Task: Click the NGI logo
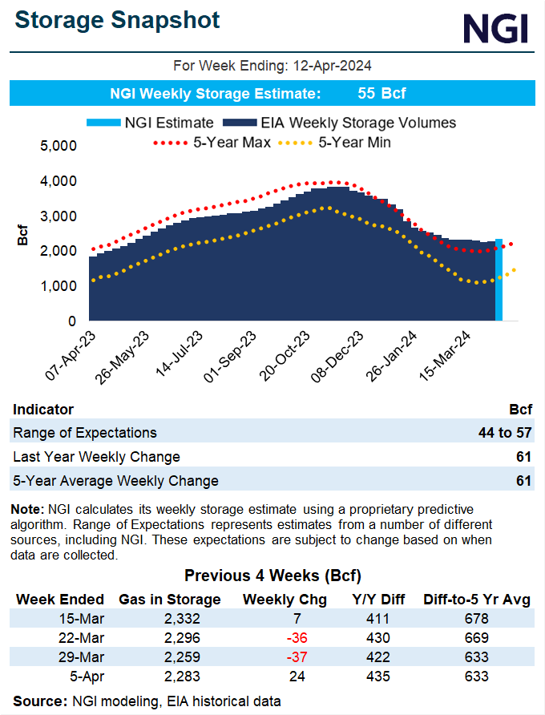tap(496, 29)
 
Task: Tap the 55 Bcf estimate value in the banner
tap(381, 94)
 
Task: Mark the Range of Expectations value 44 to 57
tap(505, 433)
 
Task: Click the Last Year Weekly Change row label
tap(96, 457)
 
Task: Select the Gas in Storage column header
tap(170, 599)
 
